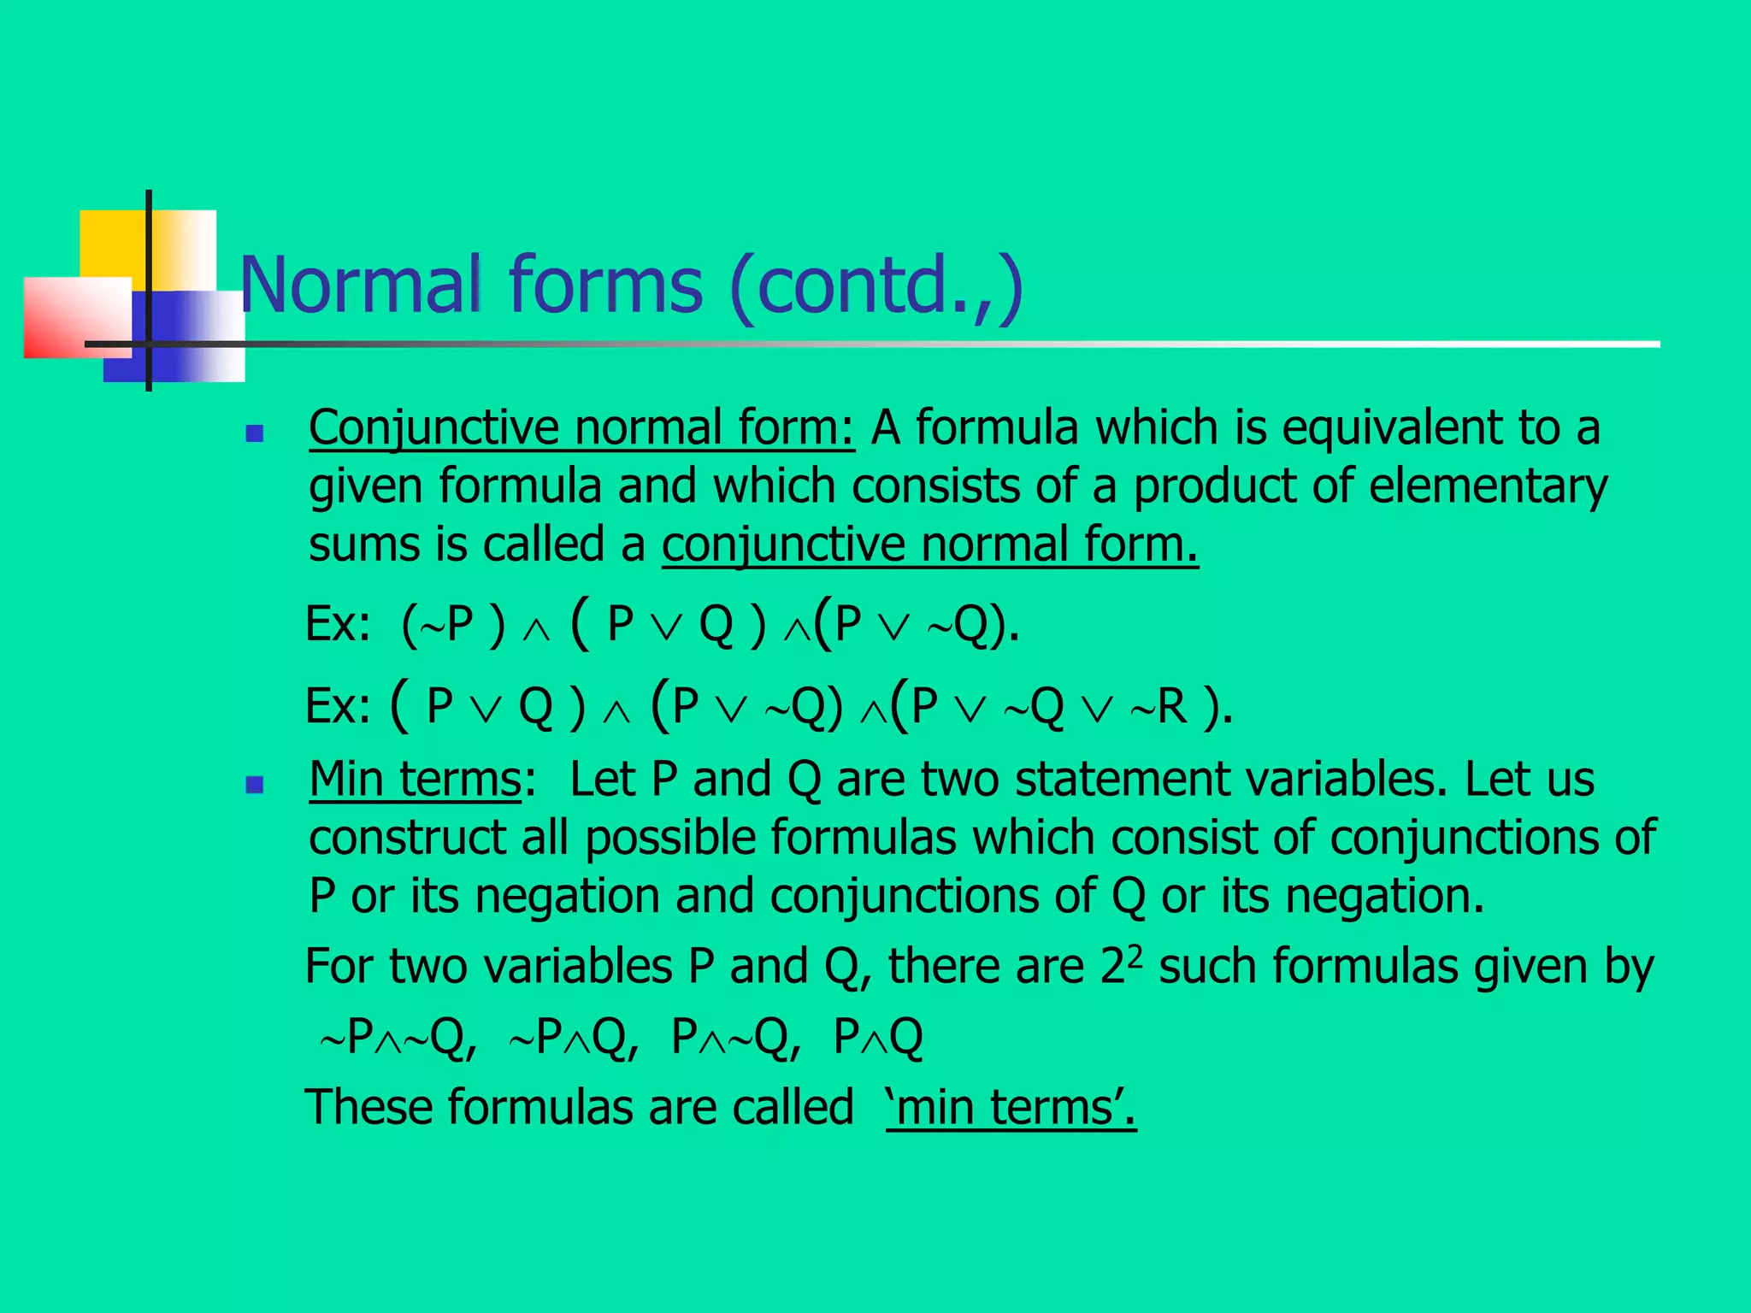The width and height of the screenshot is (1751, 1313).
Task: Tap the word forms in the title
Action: coord(606,285)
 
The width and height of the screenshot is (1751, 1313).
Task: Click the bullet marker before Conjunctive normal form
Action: coord(254,434)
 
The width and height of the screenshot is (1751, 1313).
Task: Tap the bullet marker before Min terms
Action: coord(254,785)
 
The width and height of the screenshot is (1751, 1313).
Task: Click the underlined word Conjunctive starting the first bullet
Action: coord(433,427)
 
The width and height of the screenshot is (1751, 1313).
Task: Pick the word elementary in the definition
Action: coord(1489,486)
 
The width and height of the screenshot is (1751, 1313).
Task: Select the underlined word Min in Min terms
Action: coord(345,780)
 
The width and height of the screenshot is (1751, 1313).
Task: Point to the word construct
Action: coord(407,838)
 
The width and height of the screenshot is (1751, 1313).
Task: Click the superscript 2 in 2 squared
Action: coord(1135,956)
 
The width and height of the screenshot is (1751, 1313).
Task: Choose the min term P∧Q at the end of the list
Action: coord(878,1038)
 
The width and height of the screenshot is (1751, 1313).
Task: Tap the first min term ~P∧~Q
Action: coord(397,1038)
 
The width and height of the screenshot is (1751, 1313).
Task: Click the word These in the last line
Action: coord(368,1107)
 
